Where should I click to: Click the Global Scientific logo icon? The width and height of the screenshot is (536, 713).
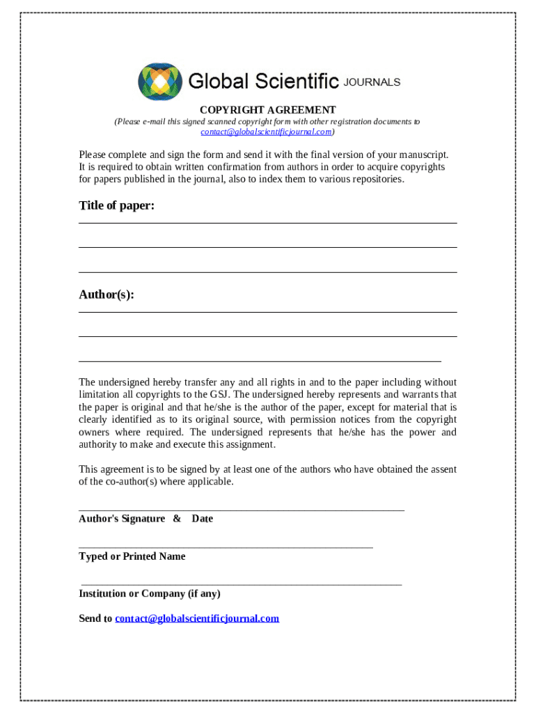point(160,81)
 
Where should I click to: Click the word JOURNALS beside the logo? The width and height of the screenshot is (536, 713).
point(372,82)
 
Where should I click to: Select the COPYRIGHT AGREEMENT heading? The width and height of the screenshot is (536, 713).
point(268,110)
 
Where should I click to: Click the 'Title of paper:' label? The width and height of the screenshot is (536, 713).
point(116,205)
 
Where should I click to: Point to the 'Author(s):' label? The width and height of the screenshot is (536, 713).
point(107,295)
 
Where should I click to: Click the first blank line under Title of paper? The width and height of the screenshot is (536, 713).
point(268,223)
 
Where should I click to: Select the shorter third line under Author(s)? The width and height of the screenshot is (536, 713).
point(260,361)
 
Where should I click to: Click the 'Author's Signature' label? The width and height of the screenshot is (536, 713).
point(122,519)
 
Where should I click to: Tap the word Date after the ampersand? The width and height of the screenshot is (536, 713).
point(202,519)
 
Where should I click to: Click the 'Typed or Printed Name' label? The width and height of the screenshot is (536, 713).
point(132,556)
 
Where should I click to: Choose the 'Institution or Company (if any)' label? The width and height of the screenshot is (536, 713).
point(150,594)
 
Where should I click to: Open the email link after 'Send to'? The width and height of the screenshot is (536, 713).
point(197,618)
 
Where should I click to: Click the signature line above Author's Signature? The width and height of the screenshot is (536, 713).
point(242,510)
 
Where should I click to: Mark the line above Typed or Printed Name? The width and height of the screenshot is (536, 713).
point(226,548)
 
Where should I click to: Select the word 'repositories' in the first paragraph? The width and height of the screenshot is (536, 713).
point(377,179)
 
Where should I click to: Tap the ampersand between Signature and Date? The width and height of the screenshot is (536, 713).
point(177,519)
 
